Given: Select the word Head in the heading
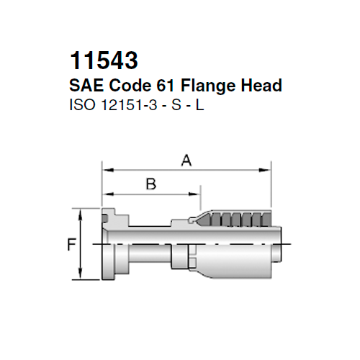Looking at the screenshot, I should point(263,86).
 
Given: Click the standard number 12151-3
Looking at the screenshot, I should point(130,104).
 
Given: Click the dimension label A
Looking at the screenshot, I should point(186,163).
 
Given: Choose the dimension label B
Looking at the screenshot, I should point(150,184).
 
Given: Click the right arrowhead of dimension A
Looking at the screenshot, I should point(267,171).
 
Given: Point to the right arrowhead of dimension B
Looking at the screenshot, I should point(196,192).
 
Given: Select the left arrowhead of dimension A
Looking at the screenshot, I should point(107,171).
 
